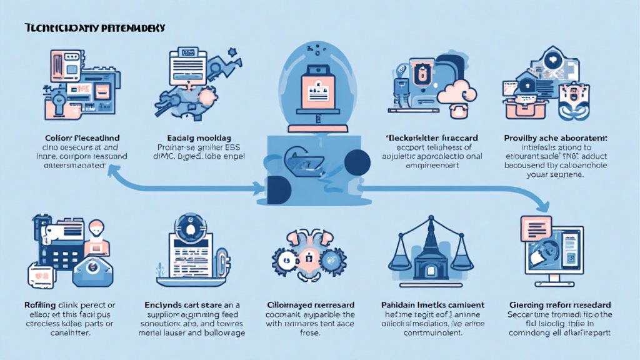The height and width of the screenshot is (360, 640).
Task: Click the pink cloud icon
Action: pos(458,93)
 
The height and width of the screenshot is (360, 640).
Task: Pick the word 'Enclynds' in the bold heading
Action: pos(164,304)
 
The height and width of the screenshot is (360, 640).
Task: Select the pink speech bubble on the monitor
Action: pos(535,222)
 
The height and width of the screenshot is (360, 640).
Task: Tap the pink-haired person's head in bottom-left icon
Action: pos(96,227)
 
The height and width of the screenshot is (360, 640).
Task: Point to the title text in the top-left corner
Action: pos(94,28)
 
